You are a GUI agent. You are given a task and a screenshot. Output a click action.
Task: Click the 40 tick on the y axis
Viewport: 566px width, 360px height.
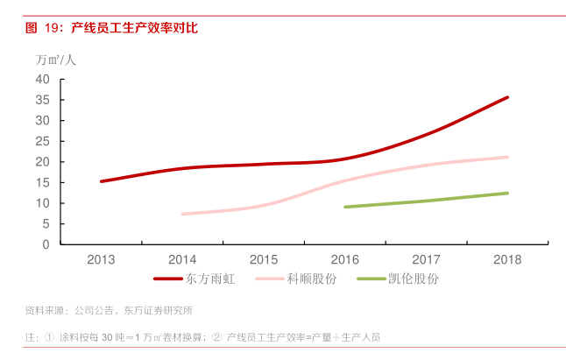point(43,79)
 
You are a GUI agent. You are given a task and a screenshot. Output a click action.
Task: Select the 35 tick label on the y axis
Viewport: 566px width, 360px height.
point(43,99)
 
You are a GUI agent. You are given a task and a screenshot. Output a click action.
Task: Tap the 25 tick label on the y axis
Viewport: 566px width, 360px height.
point(43,141)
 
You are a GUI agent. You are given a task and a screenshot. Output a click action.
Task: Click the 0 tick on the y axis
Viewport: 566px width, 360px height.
point(46,244)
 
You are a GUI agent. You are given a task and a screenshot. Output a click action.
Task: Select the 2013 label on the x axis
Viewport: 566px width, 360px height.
point(101,259)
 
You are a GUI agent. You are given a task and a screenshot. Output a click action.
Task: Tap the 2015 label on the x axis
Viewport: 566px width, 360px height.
point(264,259)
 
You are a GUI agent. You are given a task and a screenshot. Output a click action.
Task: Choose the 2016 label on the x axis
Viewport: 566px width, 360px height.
point(345,259)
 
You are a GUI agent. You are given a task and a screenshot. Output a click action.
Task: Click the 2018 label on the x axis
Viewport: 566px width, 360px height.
point(507,259)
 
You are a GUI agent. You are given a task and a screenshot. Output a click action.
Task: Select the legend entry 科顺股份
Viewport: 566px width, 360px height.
point(311,279)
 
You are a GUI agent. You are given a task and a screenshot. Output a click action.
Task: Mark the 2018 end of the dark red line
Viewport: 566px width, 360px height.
point(507,97)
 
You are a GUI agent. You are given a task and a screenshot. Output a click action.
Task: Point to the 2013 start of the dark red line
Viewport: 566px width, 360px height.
point(102,181)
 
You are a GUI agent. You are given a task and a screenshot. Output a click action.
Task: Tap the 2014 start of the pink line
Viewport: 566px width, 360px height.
point(182,214)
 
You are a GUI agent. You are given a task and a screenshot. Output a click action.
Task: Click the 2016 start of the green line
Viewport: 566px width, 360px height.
point(345,207)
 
